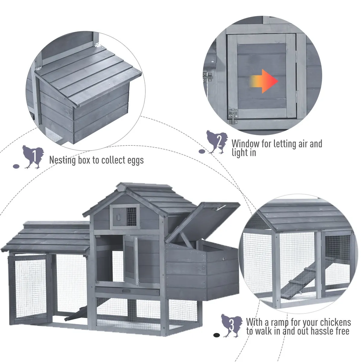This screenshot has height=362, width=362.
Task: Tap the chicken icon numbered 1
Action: (x=33, y=157)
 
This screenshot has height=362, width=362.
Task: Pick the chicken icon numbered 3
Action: (x=231, y=325)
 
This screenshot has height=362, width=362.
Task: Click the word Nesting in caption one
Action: (x=62, y=160)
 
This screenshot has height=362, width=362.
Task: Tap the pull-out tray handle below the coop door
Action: (x=126, y=291)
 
